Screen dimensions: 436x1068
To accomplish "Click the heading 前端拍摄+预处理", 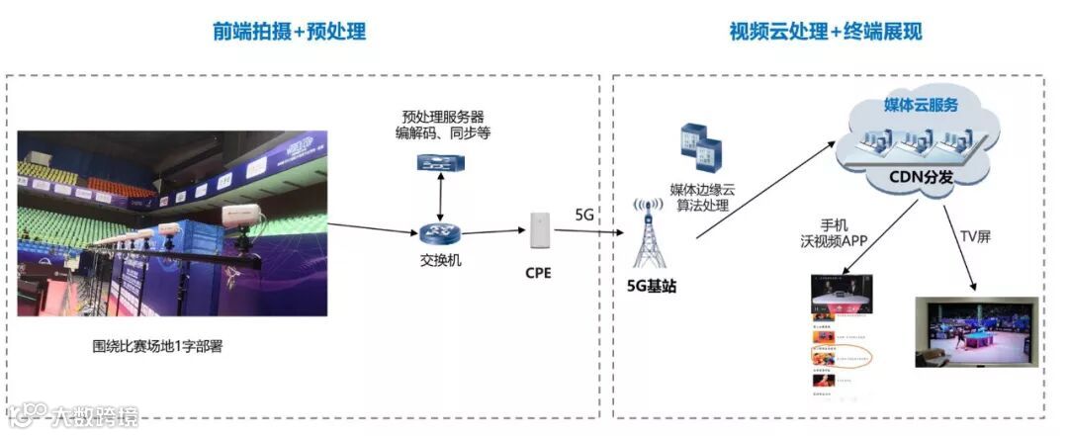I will click(x=289, y=32).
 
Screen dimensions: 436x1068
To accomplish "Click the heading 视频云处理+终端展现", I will click(x=825, y=32).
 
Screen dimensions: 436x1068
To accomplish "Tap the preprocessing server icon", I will click(x=436, y=161).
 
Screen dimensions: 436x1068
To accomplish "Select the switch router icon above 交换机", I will click(x=437, y=234).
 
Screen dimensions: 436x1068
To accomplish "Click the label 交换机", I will click(x=437, y=263).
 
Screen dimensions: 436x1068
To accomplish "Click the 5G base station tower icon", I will click(x=648, y=235).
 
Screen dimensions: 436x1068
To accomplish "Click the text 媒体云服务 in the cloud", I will click(x=920, y=105).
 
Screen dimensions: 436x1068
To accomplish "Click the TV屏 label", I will click(x=975, y=235).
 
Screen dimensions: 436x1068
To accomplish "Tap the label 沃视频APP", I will click(x=834, y=240).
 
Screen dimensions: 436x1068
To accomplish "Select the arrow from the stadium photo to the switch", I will click(x=372, y=228).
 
